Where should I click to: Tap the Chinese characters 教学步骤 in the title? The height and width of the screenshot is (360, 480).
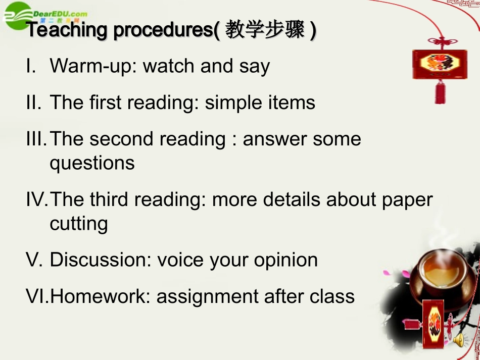[265, 30]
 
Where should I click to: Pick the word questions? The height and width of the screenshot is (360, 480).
[92, 163]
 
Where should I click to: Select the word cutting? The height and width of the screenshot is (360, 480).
[78, 224]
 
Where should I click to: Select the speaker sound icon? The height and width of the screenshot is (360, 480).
[459, 341]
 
